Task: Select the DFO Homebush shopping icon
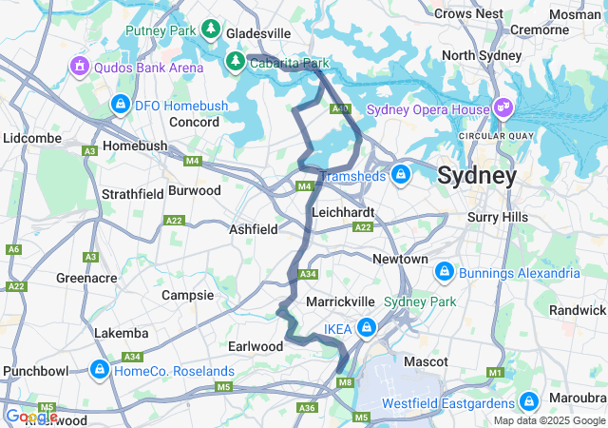[120, 104]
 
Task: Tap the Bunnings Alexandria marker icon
[443, 274]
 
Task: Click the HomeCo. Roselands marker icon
[100, 370]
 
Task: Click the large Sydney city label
[477, 176]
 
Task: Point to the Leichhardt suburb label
[343, 211]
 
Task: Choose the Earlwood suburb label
[256, 346]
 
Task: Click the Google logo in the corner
[30, 417]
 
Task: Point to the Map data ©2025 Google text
[549, 420]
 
